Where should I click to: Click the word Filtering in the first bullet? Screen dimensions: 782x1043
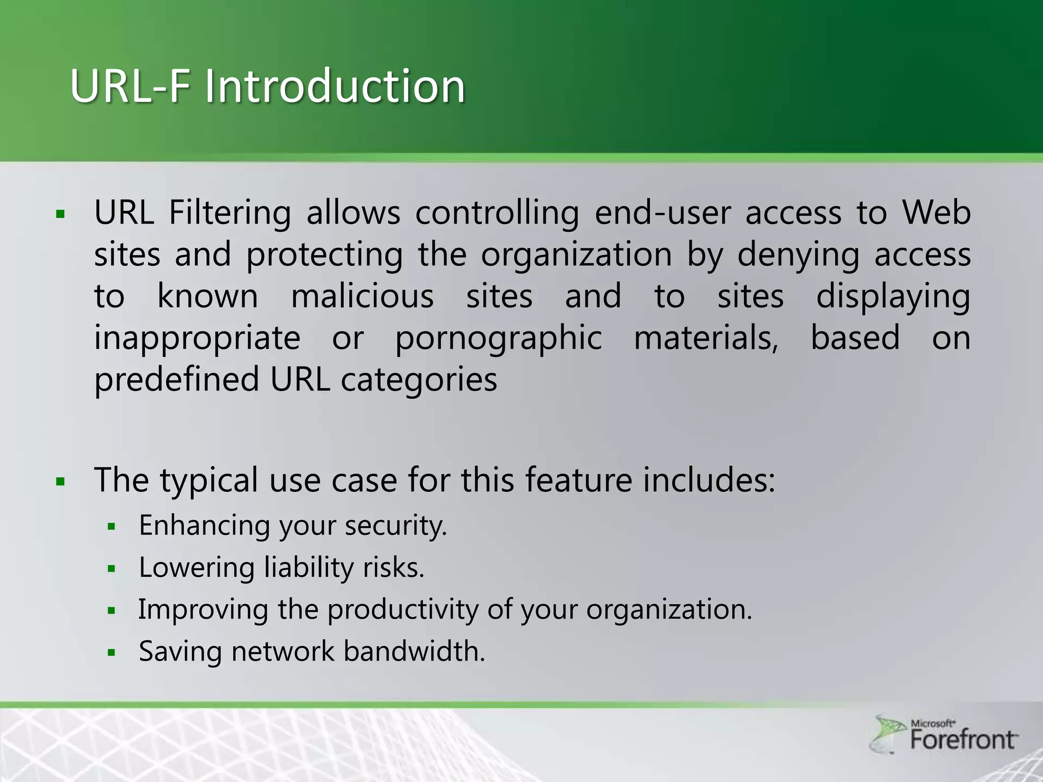pos(230,212)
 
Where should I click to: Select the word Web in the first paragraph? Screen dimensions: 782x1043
pos(936,212)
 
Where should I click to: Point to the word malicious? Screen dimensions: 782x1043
pos(362,296)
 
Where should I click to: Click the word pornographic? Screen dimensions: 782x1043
pos(499,339)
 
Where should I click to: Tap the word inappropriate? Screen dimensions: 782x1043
pos(197,339)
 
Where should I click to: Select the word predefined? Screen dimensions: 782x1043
pos(176,380)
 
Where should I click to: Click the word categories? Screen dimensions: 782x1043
pos(419,380)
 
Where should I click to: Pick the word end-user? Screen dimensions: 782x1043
pos(663,212)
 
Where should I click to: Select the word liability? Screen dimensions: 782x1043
pos(309,567)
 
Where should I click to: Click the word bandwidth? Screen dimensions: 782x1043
pos(414,651)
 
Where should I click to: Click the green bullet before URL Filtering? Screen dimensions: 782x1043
pos(61,214)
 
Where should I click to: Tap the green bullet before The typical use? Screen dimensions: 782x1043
pos(61,481)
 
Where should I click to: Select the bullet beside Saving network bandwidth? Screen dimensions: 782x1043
pos(112,652)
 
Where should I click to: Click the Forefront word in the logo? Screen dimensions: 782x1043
pos(963,740)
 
